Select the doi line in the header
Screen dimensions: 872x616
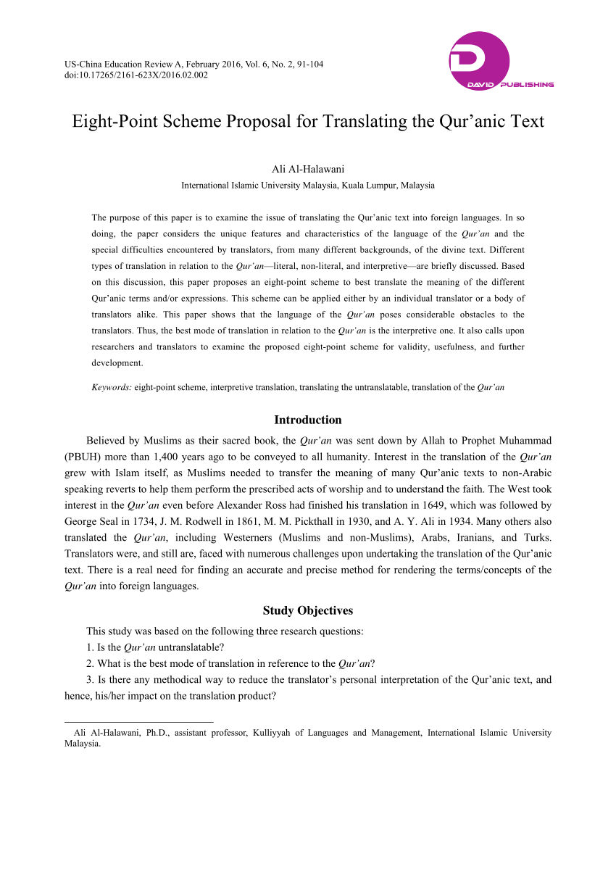136,75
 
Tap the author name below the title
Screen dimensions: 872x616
308,170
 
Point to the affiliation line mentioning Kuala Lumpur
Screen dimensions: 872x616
308,185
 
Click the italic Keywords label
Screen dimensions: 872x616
112,388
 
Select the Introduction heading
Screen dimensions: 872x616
308,420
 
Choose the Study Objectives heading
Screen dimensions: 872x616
308,610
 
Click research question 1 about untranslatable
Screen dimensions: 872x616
155,647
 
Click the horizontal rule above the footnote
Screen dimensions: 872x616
139,722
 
